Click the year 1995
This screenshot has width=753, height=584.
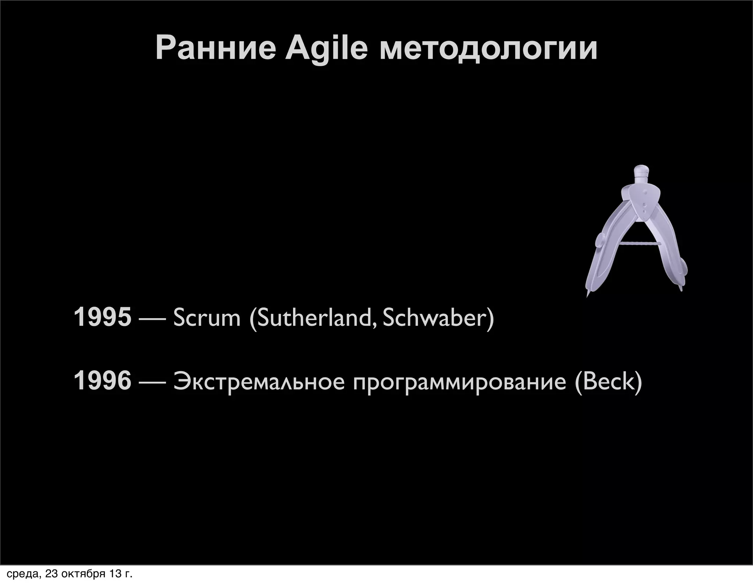[102, 317]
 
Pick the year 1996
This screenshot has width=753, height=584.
[102, 381]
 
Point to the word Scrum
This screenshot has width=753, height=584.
[207, 317]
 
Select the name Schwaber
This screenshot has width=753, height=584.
[435, 317]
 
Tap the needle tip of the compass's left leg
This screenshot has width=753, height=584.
[588, 295]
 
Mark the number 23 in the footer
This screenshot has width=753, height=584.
[51, 574]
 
